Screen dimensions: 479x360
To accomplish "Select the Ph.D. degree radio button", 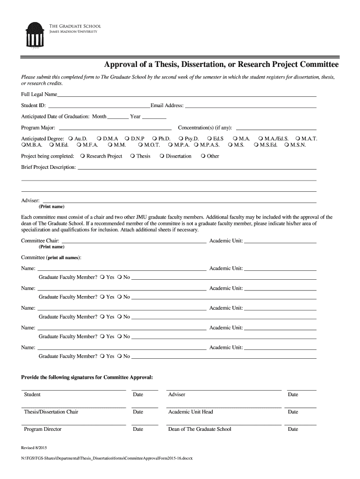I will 155,139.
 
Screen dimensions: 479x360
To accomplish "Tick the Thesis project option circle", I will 133,156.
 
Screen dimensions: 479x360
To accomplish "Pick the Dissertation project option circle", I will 162,156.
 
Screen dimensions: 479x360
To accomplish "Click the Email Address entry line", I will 251,107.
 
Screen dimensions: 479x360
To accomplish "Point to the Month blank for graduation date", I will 118,118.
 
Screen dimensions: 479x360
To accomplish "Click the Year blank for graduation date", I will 154,118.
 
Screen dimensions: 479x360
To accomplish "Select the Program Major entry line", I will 114,129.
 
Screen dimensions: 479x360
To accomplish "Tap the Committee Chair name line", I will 133,243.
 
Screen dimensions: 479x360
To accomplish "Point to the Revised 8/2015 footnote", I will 34,447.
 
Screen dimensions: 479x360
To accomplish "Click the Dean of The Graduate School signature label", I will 200,429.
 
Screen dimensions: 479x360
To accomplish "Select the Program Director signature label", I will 43,429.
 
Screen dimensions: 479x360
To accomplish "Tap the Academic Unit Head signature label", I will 190,412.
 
